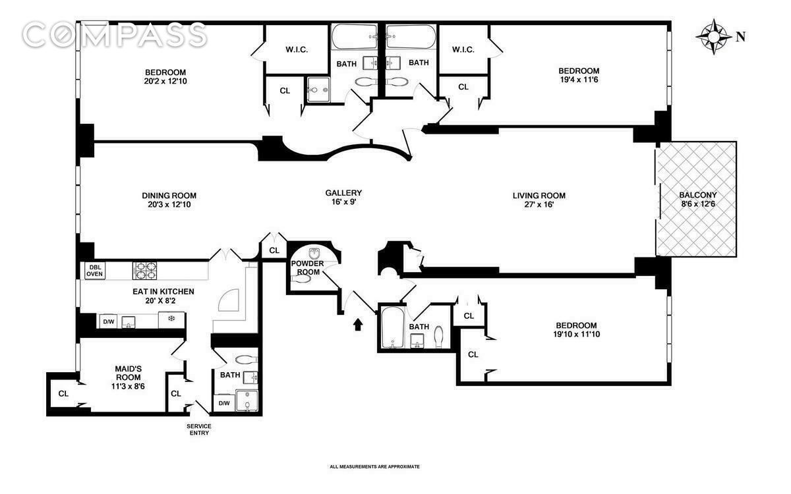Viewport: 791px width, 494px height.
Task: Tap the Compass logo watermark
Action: point(115,34)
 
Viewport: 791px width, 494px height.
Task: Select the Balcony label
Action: point(697,195)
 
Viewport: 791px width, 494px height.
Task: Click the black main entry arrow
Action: point(358,324)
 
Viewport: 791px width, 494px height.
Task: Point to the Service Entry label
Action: point(198,430)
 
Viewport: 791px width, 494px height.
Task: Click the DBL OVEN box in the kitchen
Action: point(94,271)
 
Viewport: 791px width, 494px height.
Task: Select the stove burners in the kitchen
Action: point(144,271)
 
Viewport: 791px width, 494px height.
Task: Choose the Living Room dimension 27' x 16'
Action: point(539,205)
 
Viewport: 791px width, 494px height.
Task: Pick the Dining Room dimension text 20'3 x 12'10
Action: point(169,205)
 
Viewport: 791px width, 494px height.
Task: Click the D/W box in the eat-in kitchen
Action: point(109,321)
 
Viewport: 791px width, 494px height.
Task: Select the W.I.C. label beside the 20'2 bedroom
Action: point(297,50)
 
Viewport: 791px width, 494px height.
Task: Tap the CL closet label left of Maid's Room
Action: point(63,393)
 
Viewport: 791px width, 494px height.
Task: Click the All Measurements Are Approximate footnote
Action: point(374,466)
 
